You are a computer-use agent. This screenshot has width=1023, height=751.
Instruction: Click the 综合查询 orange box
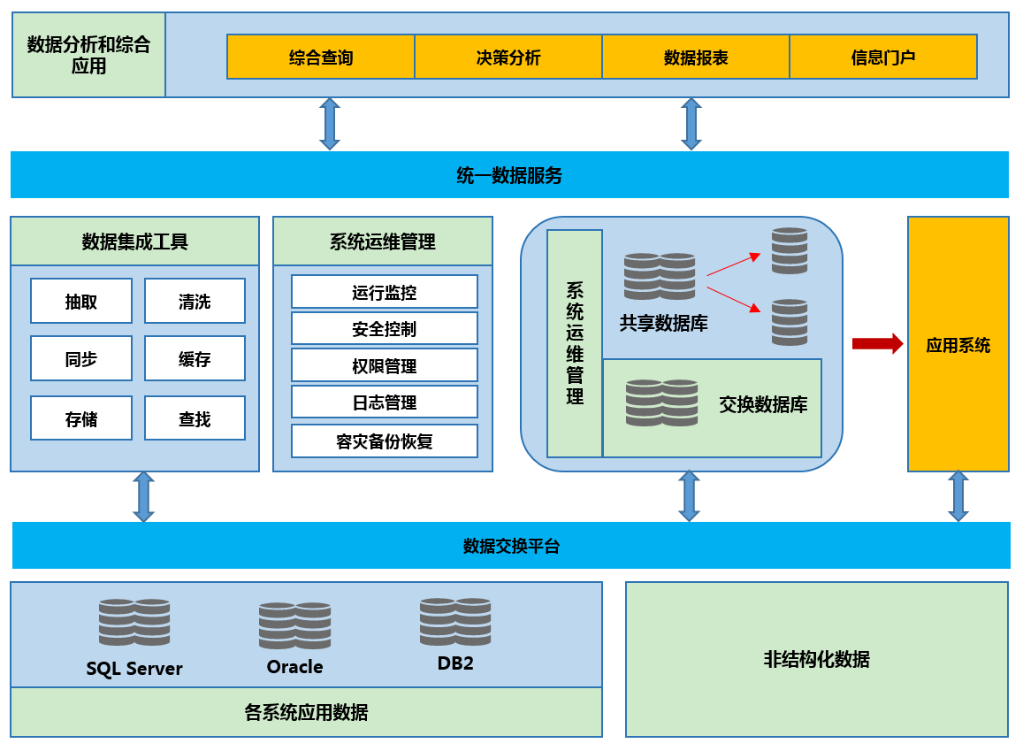point(321,57)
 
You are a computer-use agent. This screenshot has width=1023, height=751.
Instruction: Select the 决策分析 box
point(508,57)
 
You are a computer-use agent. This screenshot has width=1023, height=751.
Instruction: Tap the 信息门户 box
point(882,57)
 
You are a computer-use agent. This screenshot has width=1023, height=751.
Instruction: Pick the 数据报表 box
point(696,57)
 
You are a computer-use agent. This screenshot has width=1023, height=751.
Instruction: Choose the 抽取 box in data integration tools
point(81,302)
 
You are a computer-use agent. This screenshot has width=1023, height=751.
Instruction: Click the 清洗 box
point(195,302)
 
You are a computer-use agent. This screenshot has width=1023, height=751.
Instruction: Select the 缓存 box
point(195,359)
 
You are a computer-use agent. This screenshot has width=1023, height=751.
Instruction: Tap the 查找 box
point(195,418)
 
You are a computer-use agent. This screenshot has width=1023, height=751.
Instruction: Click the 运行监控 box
point(384,292)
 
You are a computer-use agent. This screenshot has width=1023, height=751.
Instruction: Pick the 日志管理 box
point(384,402)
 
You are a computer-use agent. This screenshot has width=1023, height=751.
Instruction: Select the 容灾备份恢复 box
point(384,441)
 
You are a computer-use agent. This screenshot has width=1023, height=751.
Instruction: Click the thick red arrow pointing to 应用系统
point(877,343)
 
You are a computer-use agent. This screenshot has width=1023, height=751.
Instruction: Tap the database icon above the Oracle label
point(294,625)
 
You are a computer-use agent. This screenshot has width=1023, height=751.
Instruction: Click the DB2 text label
point(455,663)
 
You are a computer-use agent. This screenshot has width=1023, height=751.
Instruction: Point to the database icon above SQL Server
point(134,622)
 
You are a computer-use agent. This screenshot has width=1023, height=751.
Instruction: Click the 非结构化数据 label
point(816,659)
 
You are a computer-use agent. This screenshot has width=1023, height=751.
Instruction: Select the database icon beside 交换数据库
point(661,402)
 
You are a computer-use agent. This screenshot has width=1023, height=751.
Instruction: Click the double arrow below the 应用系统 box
point(958,496)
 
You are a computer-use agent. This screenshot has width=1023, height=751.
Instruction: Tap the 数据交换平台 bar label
point(511,546)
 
